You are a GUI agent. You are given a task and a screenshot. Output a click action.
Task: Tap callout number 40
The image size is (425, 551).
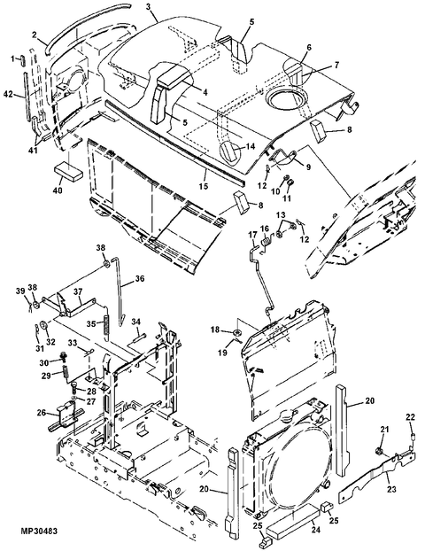[58, 190]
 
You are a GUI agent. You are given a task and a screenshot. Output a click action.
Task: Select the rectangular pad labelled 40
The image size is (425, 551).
[68, 171]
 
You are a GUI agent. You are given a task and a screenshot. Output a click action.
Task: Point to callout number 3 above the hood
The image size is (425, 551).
[149, 7]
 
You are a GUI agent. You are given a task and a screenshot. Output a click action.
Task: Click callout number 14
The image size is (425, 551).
[251, 146]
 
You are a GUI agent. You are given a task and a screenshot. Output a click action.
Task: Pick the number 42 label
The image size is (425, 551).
[9, 94]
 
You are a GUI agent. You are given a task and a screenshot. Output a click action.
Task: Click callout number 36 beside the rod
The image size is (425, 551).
[139, 279]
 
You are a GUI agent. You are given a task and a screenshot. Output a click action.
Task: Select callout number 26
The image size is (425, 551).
[42, 412]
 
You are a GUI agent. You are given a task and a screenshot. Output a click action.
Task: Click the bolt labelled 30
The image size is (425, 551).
[64, 357]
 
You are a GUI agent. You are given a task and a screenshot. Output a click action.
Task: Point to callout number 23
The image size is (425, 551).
[391, 489]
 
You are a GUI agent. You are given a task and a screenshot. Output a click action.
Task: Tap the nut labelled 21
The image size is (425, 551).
[379, 450]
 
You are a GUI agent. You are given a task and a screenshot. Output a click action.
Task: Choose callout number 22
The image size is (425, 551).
[410, 417]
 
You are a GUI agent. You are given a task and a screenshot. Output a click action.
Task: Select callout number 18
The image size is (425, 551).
[215, 330]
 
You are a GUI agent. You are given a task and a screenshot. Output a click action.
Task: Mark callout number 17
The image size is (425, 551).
[253, 235]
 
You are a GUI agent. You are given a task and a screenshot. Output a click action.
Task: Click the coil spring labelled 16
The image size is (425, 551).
[266, 241]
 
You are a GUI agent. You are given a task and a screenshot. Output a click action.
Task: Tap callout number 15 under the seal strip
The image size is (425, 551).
[204, 186]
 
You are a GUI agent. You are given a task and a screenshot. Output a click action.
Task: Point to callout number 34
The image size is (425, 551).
[136, 322]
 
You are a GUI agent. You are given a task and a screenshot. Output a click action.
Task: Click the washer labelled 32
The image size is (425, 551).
[44, 325]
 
